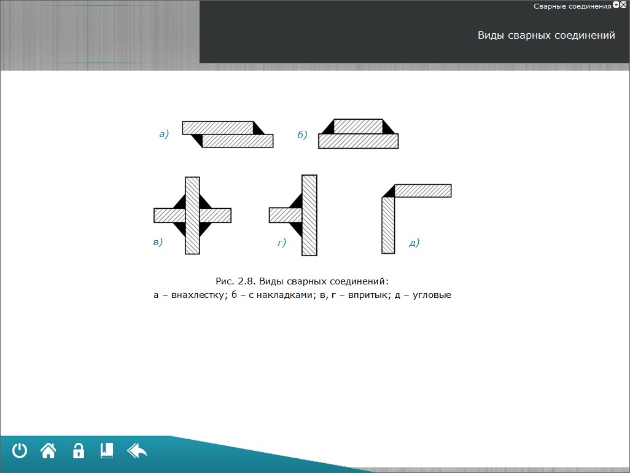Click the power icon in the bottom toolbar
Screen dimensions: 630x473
pos(19,450)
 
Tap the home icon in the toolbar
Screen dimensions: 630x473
pos(49,450)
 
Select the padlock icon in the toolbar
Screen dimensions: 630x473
pos(79,450)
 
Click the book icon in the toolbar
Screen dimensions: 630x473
pos(107,450)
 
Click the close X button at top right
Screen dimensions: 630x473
pos(623,5)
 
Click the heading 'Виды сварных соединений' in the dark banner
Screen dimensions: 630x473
pos(546,36)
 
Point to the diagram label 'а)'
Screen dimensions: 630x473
pos(164,133)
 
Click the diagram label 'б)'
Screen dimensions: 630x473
pos(302,135)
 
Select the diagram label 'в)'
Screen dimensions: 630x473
pos(158,242)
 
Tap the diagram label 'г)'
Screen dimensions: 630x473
pos(282,242)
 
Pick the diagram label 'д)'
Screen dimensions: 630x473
pos(414,243)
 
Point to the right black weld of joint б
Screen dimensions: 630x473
pos(389,127)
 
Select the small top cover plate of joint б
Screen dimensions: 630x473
pos(358,126)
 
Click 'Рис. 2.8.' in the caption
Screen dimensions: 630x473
pos(235,281)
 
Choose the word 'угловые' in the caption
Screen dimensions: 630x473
pos(432,295)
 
